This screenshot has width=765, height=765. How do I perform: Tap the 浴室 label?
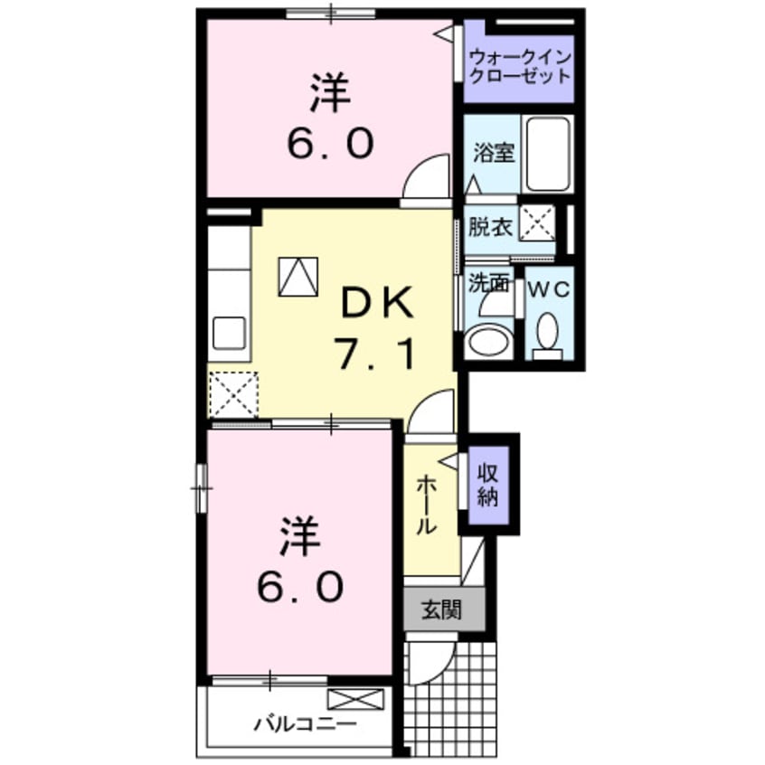[494, 153]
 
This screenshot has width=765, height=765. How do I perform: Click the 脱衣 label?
[491, 225]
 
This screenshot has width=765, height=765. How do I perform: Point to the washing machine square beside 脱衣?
[537, 222]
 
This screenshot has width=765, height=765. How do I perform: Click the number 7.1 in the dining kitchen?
[378, 354]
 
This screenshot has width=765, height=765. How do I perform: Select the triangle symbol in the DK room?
[298, 276]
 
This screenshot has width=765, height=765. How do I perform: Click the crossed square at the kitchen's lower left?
[233, 395]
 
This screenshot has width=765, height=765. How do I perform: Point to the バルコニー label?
[292, 724]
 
